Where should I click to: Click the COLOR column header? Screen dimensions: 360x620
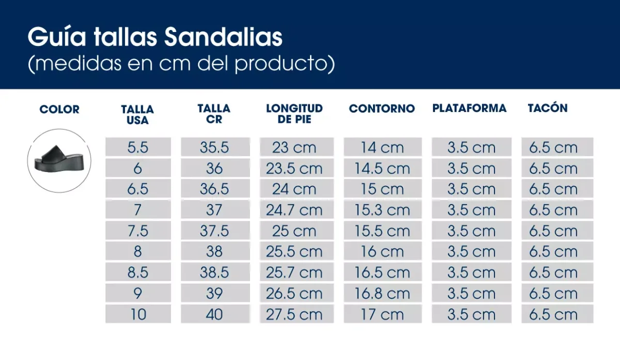pyautogui.click(x=59, y=109)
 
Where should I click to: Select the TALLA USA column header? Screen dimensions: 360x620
pyautogui.click(x=137, y=115)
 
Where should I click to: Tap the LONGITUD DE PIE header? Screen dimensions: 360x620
pyautogui.click(x=294, y=114)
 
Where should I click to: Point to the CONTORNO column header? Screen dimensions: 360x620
pyautogui.click(x=382, y=108)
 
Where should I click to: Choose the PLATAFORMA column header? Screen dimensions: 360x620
pyautogui.click(x=469, y=108)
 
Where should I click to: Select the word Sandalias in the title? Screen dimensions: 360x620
pyautogui.click(x=223, y=38)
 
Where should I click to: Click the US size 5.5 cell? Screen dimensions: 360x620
pyautogui.click(x=138, y=148)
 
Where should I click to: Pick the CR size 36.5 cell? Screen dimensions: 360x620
pyautogui.click(x=214, y=189)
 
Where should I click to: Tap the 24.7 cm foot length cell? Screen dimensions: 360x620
pyautogui.click(x=294, y=210)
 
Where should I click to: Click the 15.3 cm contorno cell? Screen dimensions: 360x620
pyautogui.click(x=382, y=210)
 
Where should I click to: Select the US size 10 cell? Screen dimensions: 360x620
pyautogui.click(x=138, y=315)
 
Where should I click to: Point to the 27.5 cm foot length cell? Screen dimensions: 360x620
pyautogui.click(x=294, y=315)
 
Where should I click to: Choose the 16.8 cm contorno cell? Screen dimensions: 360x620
pyautogui.click(x=382, y=293)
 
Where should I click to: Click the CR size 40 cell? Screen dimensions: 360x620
pyautogui.click(x=214, y=315)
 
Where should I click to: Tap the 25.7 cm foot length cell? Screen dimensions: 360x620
pyautogui.click(x=294, y=273)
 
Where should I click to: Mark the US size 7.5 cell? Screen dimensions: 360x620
pyautogui.click(x=138, y=231)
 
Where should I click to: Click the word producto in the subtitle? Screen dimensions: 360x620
pyautogui.click(x=282, y=65)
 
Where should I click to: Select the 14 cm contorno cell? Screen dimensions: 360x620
pyautogui.click(x=382, y=148)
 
